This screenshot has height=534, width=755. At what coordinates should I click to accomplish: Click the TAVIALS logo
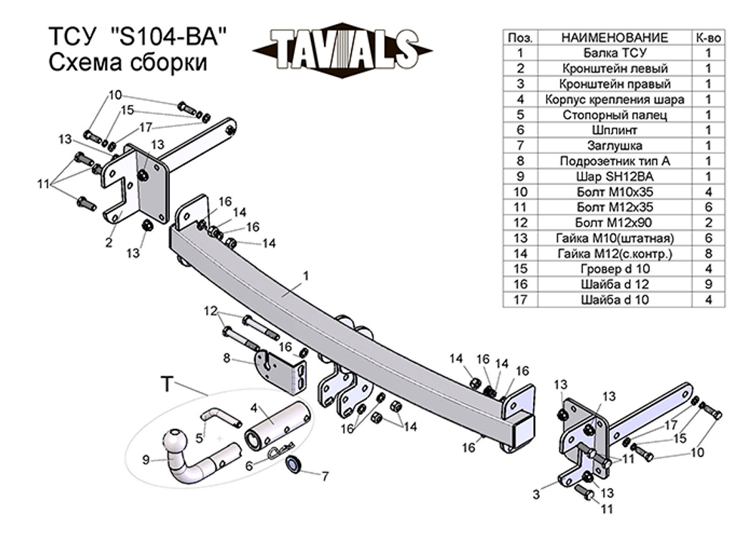[x=342, y=50]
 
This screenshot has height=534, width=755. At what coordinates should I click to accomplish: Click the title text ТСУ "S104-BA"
[x=137, y=37]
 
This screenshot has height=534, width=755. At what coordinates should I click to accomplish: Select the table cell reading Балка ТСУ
[x=615, y=53]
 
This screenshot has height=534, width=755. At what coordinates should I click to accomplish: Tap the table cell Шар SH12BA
[x=615, y=176]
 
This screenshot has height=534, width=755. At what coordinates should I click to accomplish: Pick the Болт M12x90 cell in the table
[x=615, y=223]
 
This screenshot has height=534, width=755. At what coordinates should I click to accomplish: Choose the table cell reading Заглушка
[x=615, y=146]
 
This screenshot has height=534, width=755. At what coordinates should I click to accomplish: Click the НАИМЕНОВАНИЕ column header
[x=615, y=38]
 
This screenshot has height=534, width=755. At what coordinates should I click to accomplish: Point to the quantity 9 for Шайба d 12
[x=708, y=284]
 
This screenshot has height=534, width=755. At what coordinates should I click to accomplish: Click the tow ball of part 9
[x=174, y=440]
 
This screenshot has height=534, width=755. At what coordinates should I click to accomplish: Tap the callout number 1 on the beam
[x=305, y=276]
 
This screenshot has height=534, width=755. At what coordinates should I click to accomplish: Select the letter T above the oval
[x=167, y=384]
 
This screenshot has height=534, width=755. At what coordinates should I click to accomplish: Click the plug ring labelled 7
[x=293, y=464]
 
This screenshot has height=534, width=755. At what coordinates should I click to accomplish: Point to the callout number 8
[x=226, y=358]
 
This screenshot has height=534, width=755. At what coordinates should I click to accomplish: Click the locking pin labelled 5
[x=220, y=417]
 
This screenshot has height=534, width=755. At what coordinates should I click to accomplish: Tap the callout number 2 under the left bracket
[x=109, y=242]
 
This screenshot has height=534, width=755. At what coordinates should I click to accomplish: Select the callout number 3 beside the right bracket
[x=536, y=494]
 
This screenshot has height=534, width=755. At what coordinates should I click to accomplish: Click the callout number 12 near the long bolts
[x=211, y=311]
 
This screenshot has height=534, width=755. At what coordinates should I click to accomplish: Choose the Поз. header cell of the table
[x=520, y=38]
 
